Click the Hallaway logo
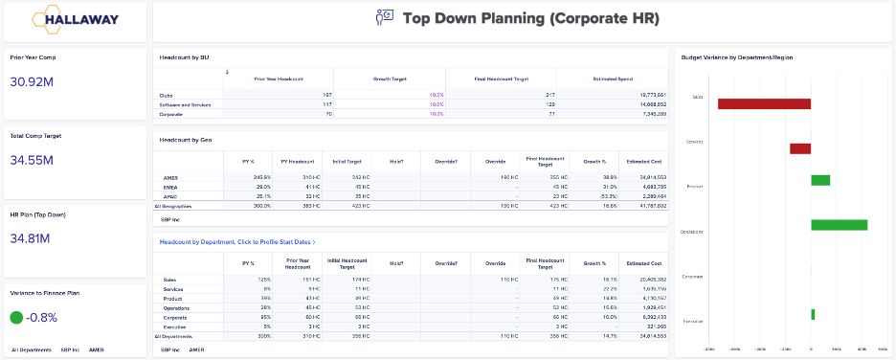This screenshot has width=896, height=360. coord(75,18)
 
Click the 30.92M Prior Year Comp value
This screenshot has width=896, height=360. coord(32,82)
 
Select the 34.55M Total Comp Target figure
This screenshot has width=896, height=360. coord(32,160)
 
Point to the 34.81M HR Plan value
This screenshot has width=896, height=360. coord(32,237)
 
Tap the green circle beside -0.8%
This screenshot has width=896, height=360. coord(16,317)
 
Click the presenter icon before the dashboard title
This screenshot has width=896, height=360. coord(384,18)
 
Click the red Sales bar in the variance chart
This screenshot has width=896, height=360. coord(764,103)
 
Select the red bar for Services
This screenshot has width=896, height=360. coord(800,148)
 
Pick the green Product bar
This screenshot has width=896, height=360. coord(820,180)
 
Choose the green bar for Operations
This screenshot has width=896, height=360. coord(839,225)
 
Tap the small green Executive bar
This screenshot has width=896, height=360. coord(813,314)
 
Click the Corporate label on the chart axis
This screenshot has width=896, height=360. coord(693,277)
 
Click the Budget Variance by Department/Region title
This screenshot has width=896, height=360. coord(736,57)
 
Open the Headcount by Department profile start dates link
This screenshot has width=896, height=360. coord(237,242)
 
